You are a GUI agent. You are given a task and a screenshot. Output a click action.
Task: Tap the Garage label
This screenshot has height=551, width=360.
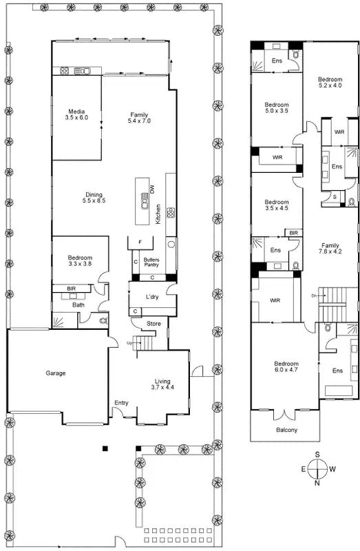click(56, 373)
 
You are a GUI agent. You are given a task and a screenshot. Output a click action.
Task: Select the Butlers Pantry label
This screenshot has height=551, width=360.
click(151, 263)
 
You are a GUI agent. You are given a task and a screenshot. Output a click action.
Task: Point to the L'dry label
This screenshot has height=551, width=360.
click(152, 296)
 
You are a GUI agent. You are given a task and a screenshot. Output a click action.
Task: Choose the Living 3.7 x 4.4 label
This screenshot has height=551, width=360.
click(162, 384)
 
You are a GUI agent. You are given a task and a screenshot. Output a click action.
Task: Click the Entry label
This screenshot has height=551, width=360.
click(121, 404)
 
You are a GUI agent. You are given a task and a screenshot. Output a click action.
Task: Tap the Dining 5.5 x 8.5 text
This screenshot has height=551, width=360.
click(94, 197)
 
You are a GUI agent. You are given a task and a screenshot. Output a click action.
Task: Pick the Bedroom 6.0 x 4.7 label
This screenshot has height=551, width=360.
click(286, 367)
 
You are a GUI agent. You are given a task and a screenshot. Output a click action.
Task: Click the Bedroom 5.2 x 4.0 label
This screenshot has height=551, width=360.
click(330, 82)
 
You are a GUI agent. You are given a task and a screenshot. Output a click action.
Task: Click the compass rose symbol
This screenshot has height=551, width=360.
click(317, 468)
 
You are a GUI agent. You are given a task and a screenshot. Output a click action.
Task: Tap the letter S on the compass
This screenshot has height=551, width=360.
click(317, 455)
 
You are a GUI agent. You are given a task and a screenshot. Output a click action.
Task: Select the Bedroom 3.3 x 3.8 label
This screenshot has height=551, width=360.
click(80, 260)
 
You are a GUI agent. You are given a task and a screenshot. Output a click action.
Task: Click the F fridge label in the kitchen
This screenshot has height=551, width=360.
click(140, 242)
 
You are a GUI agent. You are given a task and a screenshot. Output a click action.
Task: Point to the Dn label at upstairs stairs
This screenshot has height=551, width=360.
click(314, 296)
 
